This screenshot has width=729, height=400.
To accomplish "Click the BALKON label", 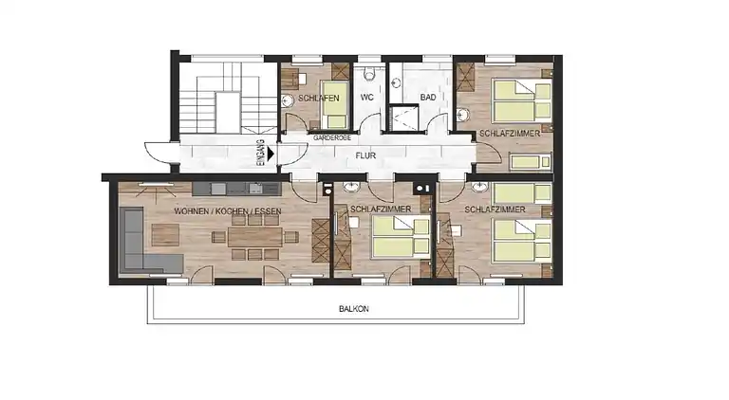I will (x=352, y=309).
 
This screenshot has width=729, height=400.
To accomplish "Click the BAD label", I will (x=427, y=97).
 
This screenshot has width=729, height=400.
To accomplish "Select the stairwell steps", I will (x=220, y=100).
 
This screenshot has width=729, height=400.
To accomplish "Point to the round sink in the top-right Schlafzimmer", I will (x=462, y=117).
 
